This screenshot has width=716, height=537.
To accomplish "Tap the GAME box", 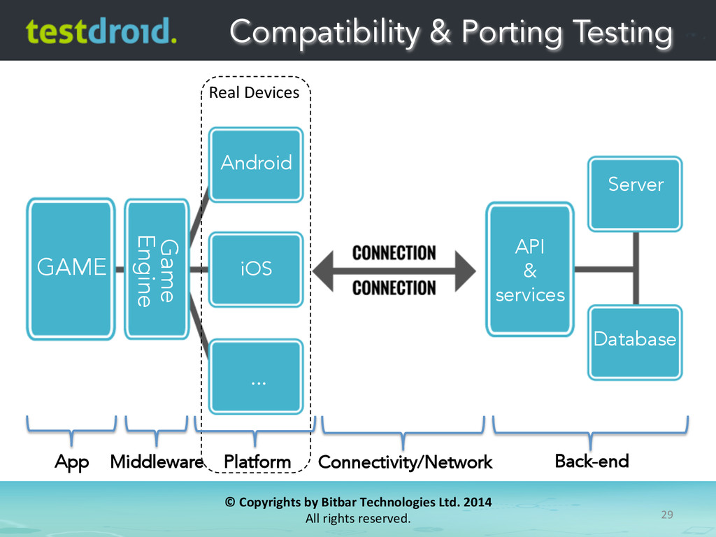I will tap(71, 266).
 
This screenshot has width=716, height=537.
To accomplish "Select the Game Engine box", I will tap(157, 268).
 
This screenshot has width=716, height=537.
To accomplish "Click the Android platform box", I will tap(257, 164).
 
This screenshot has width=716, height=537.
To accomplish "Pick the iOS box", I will tap(257, 268).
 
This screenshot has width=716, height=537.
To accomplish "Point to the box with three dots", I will tap(257, 376).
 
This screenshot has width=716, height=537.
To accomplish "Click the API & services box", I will tap(530, 269).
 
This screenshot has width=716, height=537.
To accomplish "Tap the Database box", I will tap(634, 341).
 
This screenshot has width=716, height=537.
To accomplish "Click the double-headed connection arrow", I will tap(394, 270).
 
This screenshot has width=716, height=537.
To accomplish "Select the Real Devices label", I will tap(254, 93).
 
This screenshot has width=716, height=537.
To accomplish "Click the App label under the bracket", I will tap(72, 462).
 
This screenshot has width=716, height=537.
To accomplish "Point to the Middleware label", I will tap(156, 462).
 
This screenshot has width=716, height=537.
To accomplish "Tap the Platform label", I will tap(257, 462).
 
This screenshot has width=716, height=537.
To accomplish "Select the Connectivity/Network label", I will tap(405, 462).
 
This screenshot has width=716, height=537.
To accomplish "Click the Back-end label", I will tap(592, 461).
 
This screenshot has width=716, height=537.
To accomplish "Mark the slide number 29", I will tap(666, 515).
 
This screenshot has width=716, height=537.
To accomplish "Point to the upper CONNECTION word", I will tap(394, 252).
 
